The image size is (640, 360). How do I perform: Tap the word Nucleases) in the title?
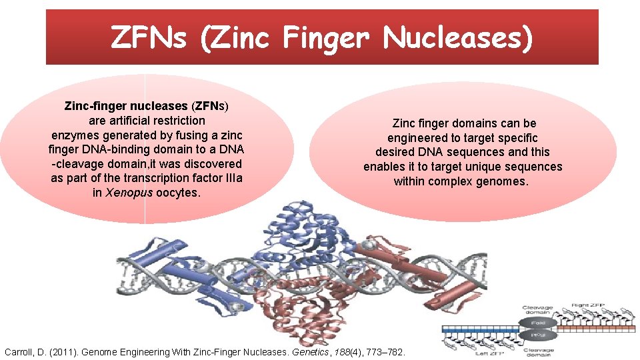458,38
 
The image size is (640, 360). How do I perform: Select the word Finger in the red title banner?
325,38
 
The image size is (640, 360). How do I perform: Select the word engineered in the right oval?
420,138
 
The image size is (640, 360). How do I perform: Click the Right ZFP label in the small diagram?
589,305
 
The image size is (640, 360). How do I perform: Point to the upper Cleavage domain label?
537,309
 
